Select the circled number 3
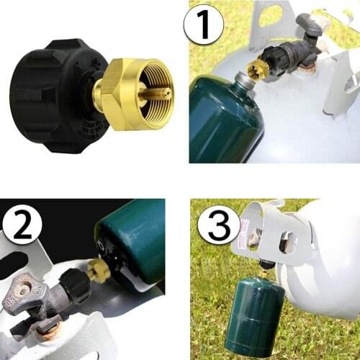tap(219, 225)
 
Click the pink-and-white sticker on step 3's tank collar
tap(254, 238)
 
